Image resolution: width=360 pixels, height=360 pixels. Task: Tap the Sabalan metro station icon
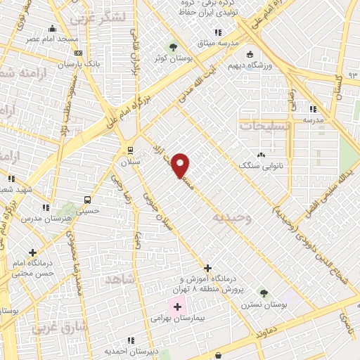coord(130,150)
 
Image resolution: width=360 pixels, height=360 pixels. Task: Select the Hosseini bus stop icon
coord(87,199)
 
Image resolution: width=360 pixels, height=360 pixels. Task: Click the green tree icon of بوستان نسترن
coord(264,293)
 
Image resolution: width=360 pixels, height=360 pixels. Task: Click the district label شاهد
coord(119,280)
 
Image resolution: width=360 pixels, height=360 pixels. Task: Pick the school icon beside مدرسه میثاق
coord(218,32)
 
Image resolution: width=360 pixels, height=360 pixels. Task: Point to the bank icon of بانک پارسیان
coord(78,53)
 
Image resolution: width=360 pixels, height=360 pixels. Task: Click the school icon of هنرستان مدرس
coord(46,207)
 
